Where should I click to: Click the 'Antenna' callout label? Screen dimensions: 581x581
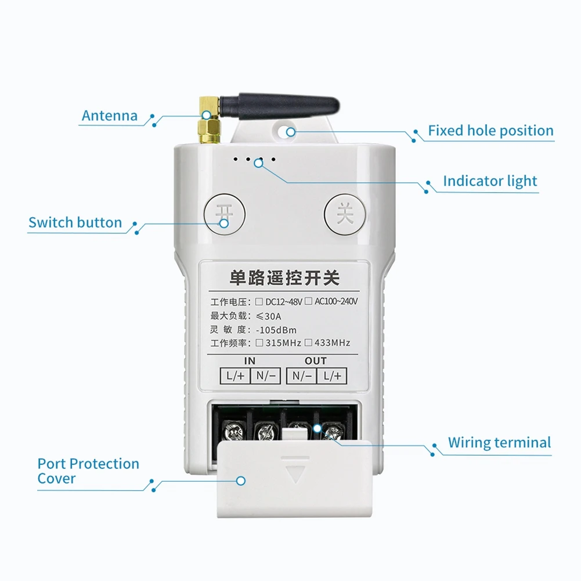(110, 116)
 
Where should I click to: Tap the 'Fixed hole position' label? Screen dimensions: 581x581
(490, 131)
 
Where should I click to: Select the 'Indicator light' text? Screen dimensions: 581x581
(490, 181)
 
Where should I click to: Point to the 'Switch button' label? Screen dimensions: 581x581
(75, 222)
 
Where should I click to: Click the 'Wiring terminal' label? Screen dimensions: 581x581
(499, 443)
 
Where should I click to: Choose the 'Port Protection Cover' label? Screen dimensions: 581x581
(88, 471)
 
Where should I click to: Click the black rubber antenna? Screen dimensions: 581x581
(279, 107)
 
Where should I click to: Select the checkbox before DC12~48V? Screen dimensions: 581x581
(259, 301)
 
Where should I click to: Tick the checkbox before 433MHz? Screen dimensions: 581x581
(308, 343)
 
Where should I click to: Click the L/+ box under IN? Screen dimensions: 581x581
(235, 376)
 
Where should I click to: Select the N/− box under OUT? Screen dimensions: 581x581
(302, 376)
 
